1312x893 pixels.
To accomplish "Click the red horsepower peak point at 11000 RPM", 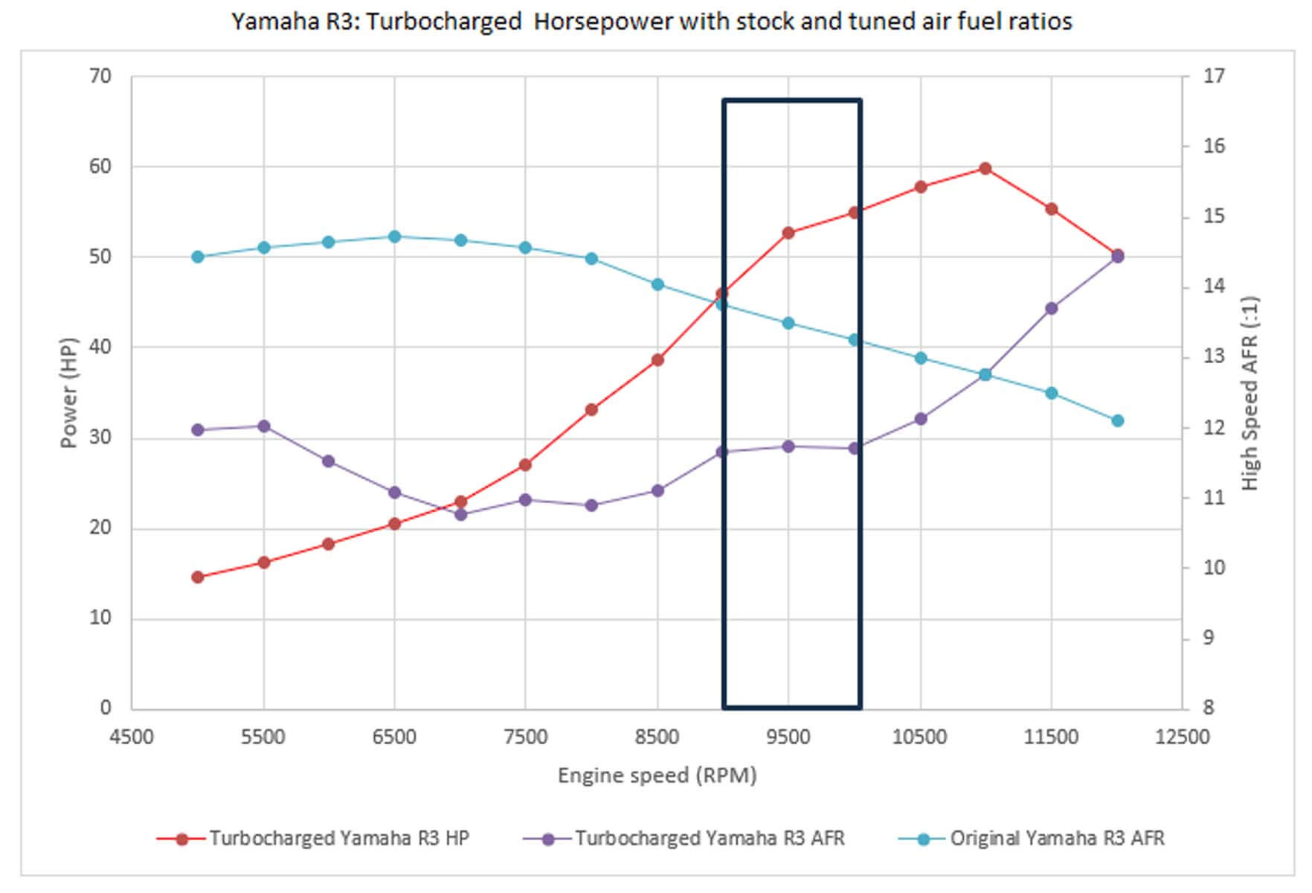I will [x=985, y=169].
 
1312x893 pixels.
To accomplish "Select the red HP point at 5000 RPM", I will [x=198, y=577].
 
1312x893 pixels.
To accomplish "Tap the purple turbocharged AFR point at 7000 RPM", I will [x=460, y=514].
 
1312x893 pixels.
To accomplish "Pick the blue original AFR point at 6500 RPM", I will [x=395, y=237].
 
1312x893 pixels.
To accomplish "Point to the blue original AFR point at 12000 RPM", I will [x=1117, y=420].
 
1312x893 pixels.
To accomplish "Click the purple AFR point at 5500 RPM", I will [x=263, y=426].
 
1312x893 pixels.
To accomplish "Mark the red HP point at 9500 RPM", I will [x=788, y=233].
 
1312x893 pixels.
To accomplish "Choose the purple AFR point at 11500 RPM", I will [x=1051, y=308].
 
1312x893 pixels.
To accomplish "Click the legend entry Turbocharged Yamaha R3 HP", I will [x=338, y=839].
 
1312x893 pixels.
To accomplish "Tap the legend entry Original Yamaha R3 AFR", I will [x=1057, y=839].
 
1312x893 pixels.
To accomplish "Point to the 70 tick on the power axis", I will [x=100, y=76].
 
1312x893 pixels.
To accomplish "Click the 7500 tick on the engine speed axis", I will [x=526, y=737].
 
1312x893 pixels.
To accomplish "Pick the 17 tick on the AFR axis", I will [x=1213, y=76].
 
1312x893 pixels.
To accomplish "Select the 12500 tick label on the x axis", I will [x=1182, y=737].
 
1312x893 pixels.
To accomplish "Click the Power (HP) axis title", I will [x=68, y=392].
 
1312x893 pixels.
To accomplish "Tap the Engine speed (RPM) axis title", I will [x=657, y=775].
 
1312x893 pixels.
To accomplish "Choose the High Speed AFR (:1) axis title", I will [x=1250, y=392].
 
